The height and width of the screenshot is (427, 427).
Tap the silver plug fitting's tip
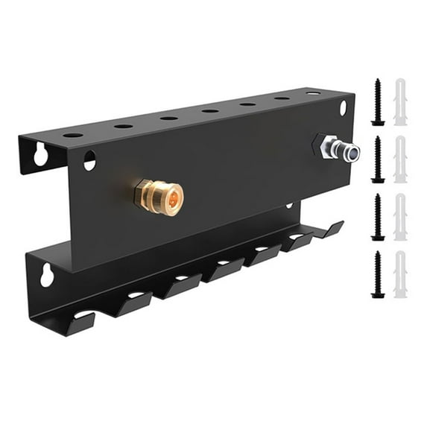tap(351, 154)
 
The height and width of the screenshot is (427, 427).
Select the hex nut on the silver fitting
tap(324, 145)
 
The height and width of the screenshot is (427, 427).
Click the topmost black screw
tap(377, 102)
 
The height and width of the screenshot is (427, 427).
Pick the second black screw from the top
tap(378, 159)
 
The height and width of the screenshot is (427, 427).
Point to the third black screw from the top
tap(378, 217)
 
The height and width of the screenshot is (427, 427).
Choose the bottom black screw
tap(378, 274)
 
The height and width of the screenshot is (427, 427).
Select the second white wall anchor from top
tap(400, 159)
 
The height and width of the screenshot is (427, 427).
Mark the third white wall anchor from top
tap(400, 217)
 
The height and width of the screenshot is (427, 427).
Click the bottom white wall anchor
tap(400, 274)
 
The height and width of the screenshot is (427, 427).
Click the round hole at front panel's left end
tap(89, 159)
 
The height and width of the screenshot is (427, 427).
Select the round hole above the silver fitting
tap(343, 107)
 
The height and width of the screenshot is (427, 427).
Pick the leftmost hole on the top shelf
tap(73, 135)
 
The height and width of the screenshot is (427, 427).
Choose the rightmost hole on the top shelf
tap(313, 94)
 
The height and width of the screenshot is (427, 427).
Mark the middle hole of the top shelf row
tap(210, 111)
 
